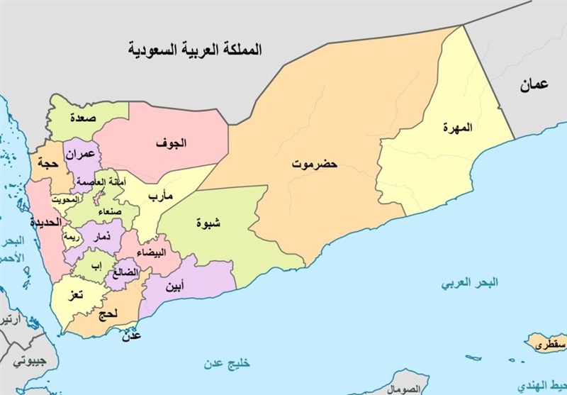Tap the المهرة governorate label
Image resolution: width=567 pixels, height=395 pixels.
(457, 128)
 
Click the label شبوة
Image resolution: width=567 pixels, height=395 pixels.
(208, 223)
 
